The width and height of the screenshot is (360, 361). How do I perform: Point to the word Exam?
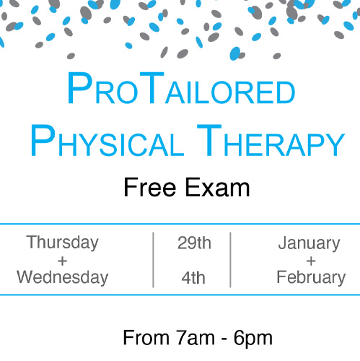(217, 188)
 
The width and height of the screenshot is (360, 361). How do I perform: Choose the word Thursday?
(63, 243)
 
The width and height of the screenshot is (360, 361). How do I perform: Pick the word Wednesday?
(63, 277)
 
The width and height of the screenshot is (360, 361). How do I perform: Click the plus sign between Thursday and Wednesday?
(63, 261)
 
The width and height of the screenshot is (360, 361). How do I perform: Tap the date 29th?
(194, 243)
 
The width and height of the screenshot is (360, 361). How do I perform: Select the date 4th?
(194, 277)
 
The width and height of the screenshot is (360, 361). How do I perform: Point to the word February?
(311, 277)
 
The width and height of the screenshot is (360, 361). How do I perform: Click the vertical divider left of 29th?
(153, 260)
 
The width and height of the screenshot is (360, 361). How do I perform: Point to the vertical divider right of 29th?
(231, 260)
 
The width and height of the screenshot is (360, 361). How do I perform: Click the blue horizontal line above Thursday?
(180, 225)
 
